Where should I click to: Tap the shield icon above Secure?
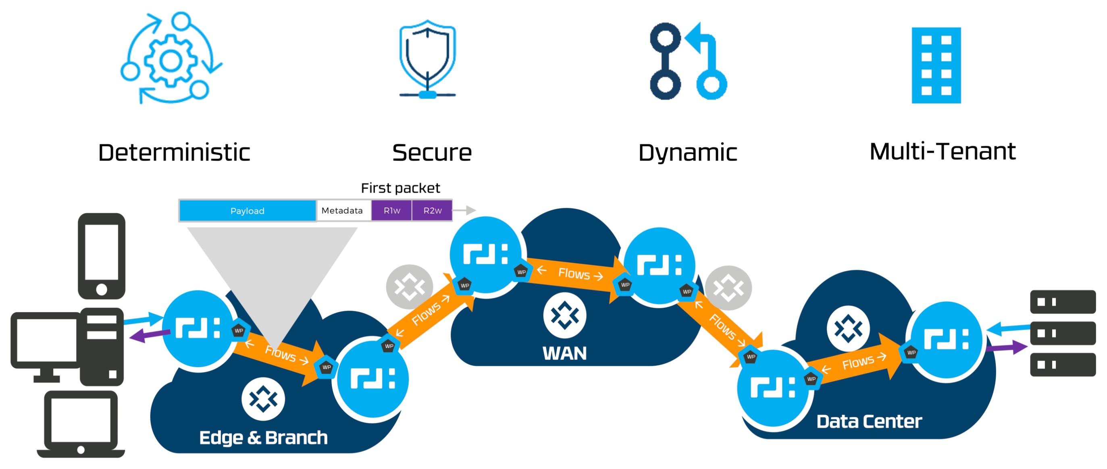(427, 58)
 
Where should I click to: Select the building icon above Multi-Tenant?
(936, 65)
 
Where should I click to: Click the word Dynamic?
(688, 153)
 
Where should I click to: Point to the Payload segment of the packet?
(247, 211)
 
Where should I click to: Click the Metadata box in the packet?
(343, 211)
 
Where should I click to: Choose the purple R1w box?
(391, 211)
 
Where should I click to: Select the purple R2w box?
(432, 211)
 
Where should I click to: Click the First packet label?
(400, 188)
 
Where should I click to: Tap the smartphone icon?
(102, 256)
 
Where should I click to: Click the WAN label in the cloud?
(564, 353)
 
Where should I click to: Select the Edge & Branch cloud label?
(263, 438)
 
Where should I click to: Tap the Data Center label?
(869, 422)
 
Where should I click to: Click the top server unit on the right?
(1062, 302)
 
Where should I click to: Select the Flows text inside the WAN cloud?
(574, 273)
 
